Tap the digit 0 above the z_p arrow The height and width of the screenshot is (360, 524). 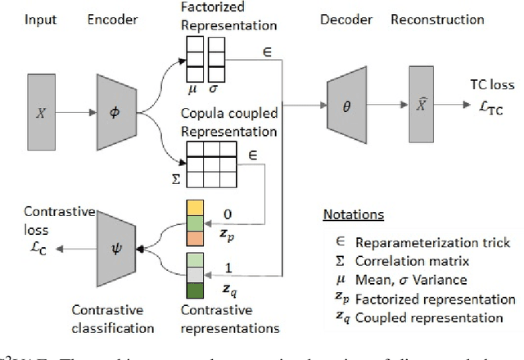pos(228,214)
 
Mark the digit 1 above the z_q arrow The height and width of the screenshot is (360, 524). pos(228,267)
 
